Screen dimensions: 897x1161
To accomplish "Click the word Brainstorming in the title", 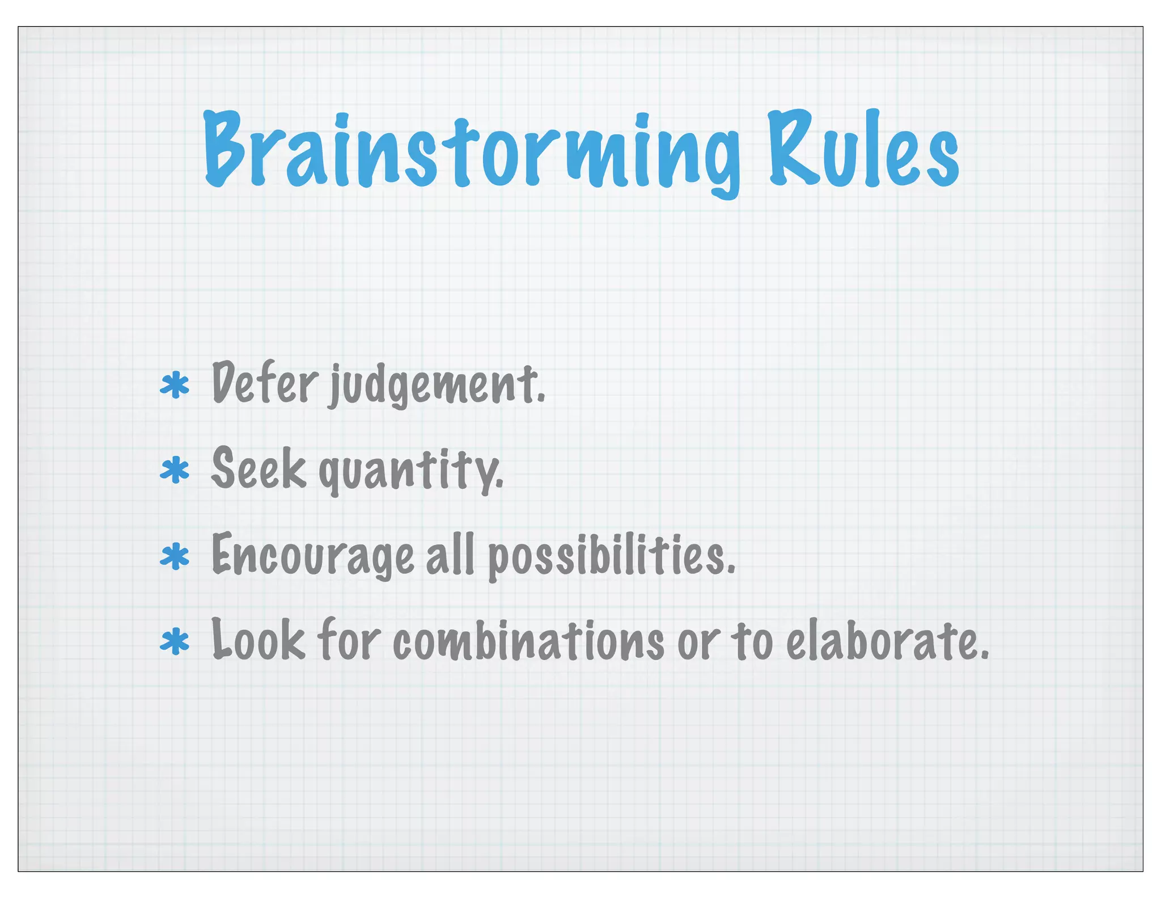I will coord(471,150).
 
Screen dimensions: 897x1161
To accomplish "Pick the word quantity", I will coord(411,471).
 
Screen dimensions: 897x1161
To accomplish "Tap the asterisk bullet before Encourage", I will coord(175,556).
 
